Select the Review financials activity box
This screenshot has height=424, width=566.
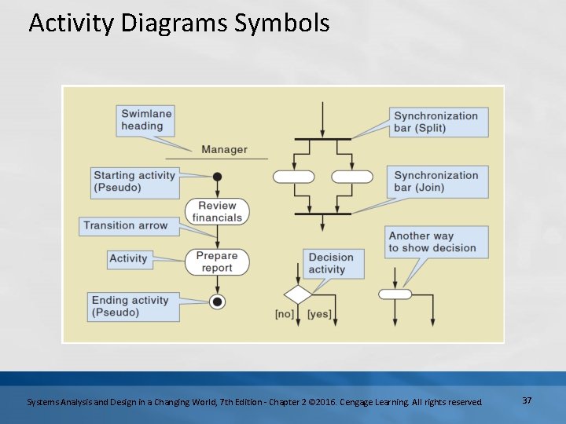pos(217,211)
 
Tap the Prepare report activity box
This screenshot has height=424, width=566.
pos(217,261)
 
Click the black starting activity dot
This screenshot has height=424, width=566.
pos(218,177)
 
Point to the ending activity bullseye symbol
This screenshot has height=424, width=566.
pos(218,302)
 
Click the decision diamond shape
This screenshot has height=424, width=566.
pos(298,295)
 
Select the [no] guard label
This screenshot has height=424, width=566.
pos(284,314)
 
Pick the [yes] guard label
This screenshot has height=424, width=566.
pos(319,314)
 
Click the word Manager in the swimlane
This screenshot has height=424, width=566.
pos(224,149)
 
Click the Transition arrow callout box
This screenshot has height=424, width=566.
pos(126,225)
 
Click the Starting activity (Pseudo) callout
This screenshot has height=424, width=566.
pos(134,181)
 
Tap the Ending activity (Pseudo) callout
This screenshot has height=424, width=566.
pos(130,306)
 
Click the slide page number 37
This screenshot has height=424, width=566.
pos(527,400)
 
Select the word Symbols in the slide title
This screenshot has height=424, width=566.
pos(281,24)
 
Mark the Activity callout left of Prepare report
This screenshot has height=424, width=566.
pos(128,258)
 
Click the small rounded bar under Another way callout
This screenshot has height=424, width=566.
pos(395,294)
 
